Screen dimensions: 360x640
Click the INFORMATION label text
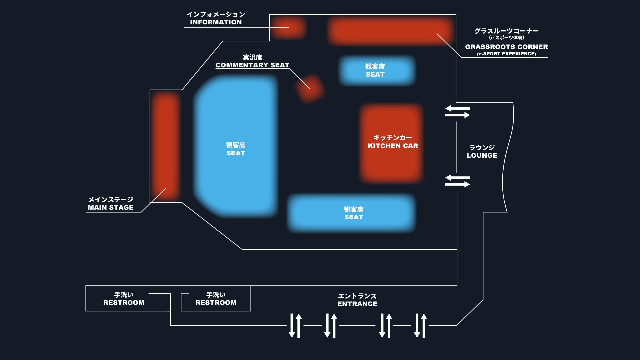[x=216, y=22]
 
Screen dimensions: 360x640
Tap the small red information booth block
[x=288, y=28]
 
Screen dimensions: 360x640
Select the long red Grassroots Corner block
[x=390, y=31]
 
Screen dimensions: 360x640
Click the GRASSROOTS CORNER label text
[x=506, y=47]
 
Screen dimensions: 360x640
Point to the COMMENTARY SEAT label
[x=252, y=65]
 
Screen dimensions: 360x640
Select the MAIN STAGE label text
[x=111, y=207]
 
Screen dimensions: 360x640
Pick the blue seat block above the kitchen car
[x=377, y=70]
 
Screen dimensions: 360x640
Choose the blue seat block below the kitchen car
[x=352, y=213]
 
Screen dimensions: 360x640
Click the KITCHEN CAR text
[x=393, y=146]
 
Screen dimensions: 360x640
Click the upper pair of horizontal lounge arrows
[x=457, y=112]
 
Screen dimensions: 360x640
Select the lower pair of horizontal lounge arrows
[x=457, y=181]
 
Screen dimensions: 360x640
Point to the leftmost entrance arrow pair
[x=295, y=325]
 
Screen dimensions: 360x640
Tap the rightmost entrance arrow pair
[x=420, y=325]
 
